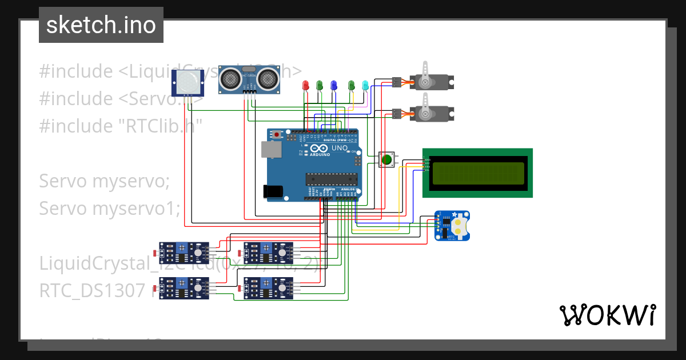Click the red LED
pos(305,85)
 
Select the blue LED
pos(334,85)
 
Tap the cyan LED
pos(365,85)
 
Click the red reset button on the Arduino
pos(278,135)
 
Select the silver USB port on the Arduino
pos(270,149)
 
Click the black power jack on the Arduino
pos(273,192)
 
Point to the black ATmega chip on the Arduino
pos(329,179)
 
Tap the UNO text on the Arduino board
pos(340,148)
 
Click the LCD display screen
pos(477,174)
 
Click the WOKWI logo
pos(607,315)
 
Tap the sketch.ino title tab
pos(101,25)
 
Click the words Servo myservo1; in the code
pos(109,209)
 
